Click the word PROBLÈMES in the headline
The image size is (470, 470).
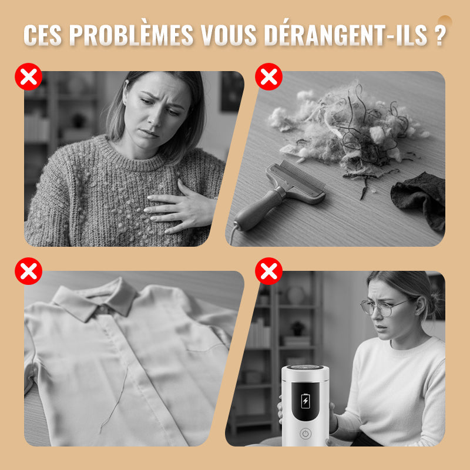pyautogui.click(x=131, y=35)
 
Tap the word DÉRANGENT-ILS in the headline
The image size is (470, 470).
pyautogui.click(x=345, y=35)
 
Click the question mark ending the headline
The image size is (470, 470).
pyautogui.click(x=439, y=35)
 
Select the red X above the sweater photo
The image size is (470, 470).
pyautogui.click(x=28, y=76)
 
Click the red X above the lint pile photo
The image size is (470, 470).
pyautogui.click(x=268, y=76)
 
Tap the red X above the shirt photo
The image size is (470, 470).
pyautogui.click(x=28, y=271)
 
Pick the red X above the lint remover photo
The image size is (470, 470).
pyautogui.click(x=268, y=271)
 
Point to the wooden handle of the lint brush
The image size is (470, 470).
pyautogui.click(x=258, y=210)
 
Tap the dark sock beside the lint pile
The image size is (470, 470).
pyautogui.click(x=419, y=199)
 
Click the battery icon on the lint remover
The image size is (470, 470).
pyautogui.click(x=305, y=401)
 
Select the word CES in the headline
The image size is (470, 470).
pyautogui.click(x=42, y=35)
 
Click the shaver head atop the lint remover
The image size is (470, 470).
pyautogui.click(x=305, y=368)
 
